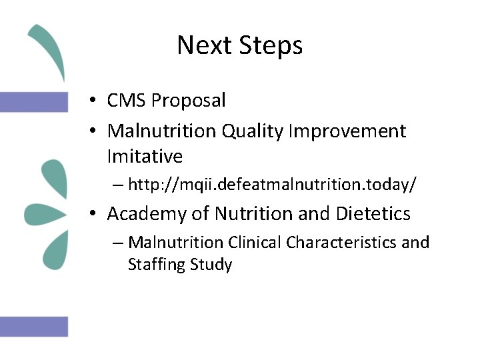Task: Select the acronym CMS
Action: coord(127,101)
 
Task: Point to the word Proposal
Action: coord(189,101)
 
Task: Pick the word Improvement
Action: coord(347,131)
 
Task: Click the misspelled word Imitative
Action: coord(145,157)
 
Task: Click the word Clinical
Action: coord(255,242)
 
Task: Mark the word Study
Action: coord(211,265)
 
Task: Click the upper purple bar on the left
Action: coord(33,101)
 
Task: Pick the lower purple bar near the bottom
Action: coord(33,326)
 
